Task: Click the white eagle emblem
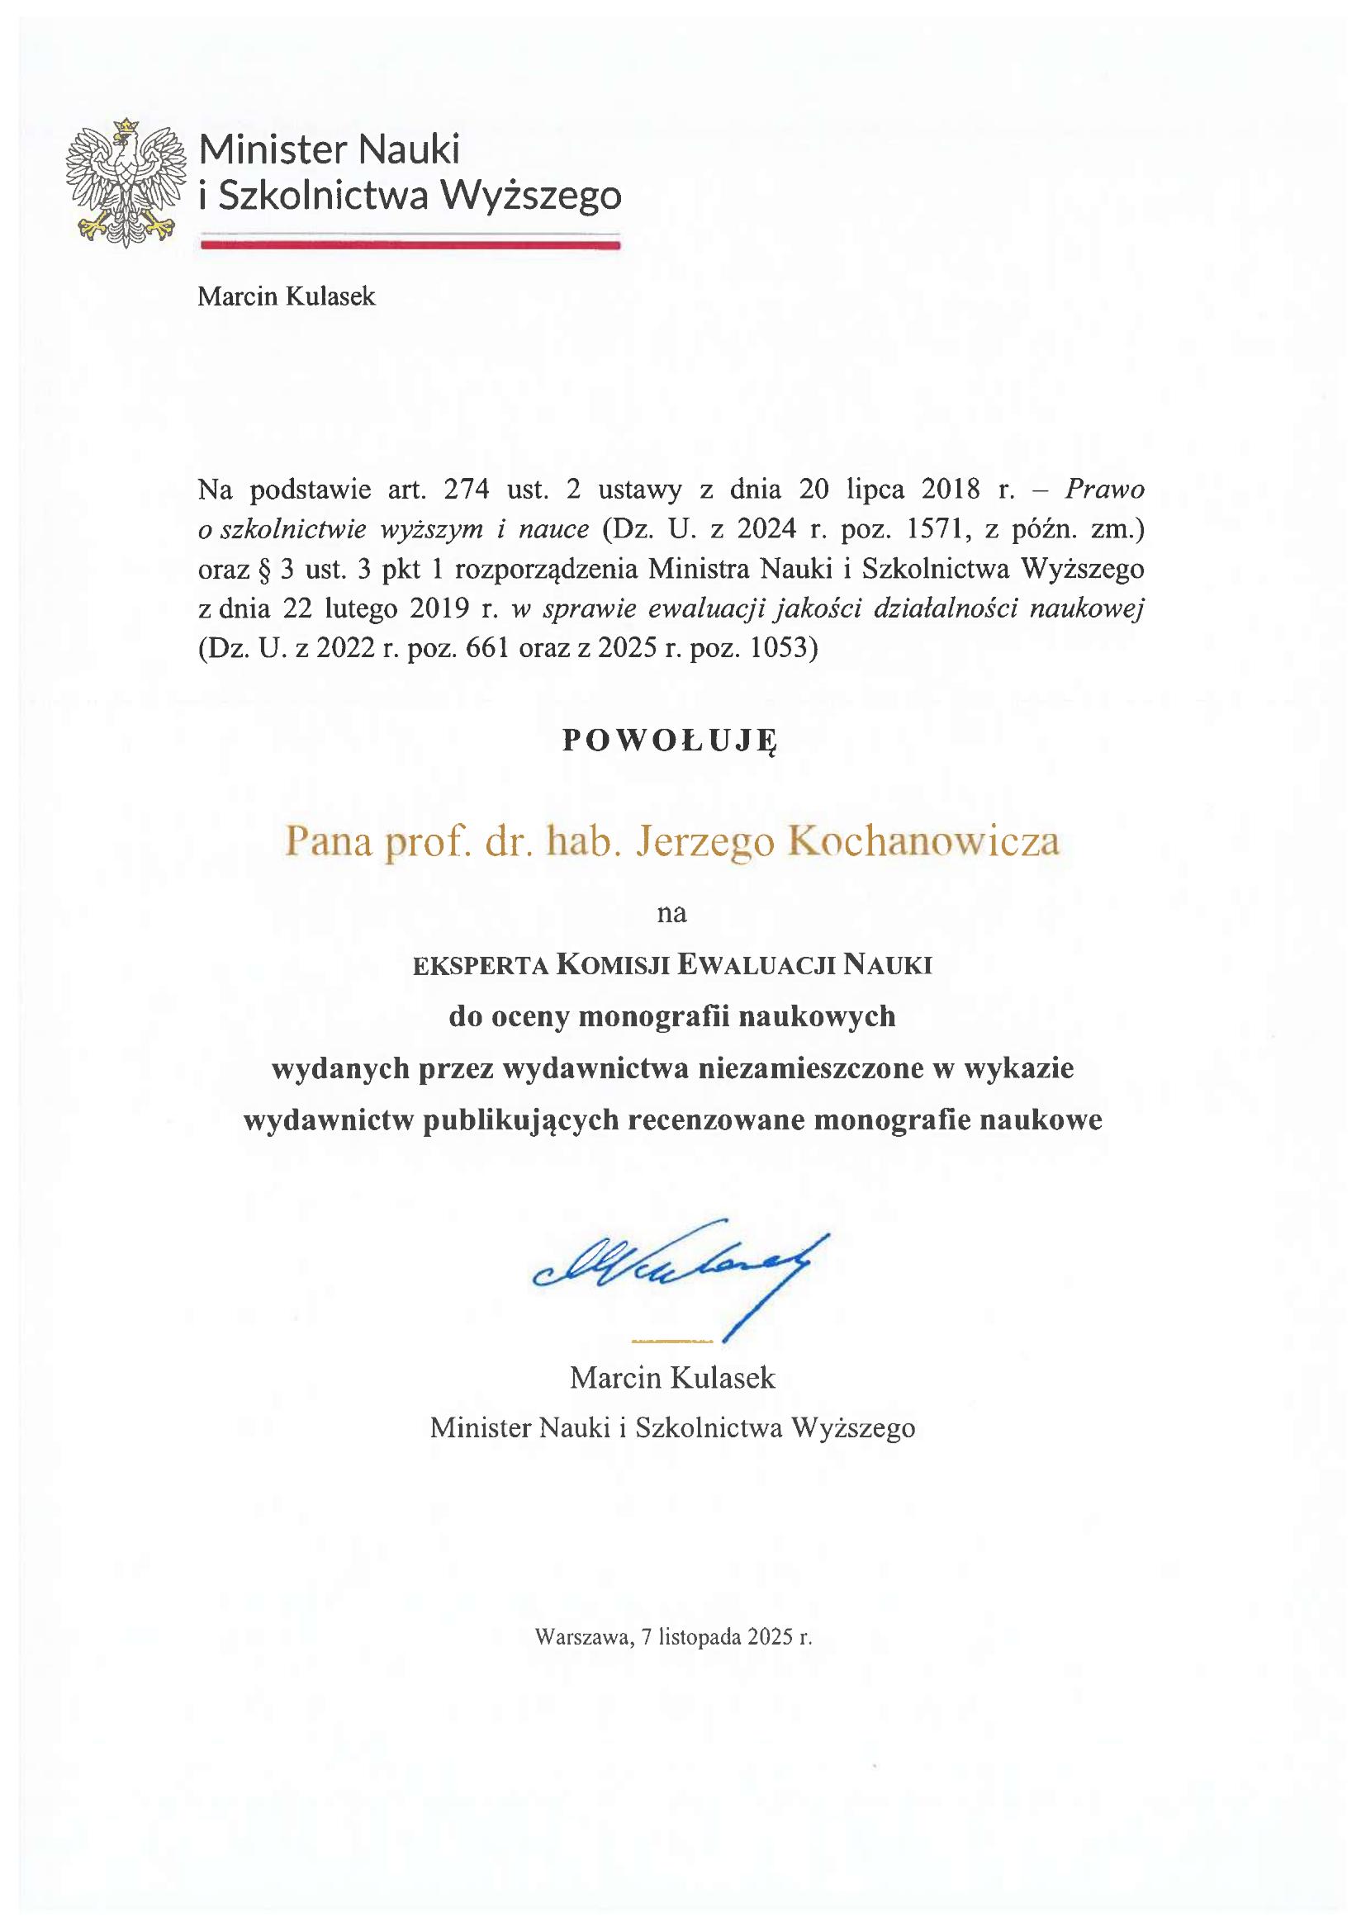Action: (x=126, y=183)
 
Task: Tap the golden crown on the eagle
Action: (x=126, y=125)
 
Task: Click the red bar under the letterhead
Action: (x=410, y=245)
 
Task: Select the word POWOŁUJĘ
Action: (x=670, y=739)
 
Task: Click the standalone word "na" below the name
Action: (x=671, y=912)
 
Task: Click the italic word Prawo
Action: (x=1104, y=490)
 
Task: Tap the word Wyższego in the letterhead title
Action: (x=532, y=195)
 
